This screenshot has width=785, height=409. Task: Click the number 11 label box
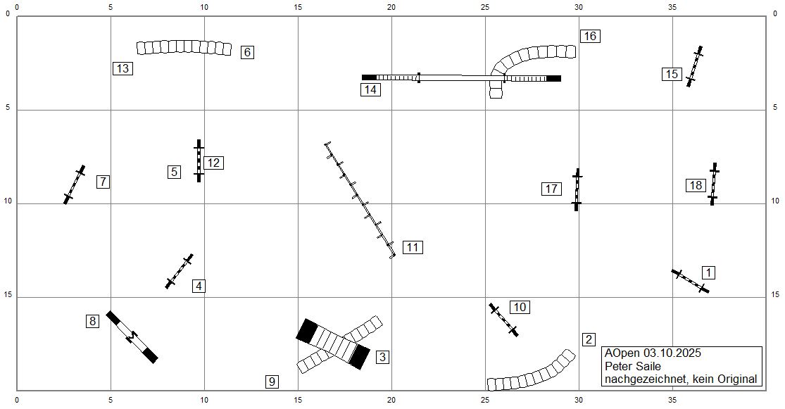(413, 247)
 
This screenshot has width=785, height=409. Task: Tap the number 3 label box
(383, 357)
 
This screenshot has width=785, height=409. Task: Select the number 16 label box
(590, 36)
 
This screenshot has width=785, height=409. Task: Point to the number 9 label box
(272, 382)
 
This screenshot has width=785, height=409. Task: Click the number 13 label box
(123, 68)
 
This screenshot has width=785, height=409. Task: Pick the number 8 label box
(92, 321)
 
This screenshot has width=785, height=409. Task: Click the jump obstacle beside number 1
(691, 281)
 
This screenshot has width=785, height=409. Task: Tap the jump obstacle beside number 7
(75, 184)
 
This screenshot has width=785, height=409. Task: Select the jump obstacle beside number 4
(180, 271)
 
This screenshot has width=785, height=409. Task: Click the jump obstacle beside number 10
(503, 320)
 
